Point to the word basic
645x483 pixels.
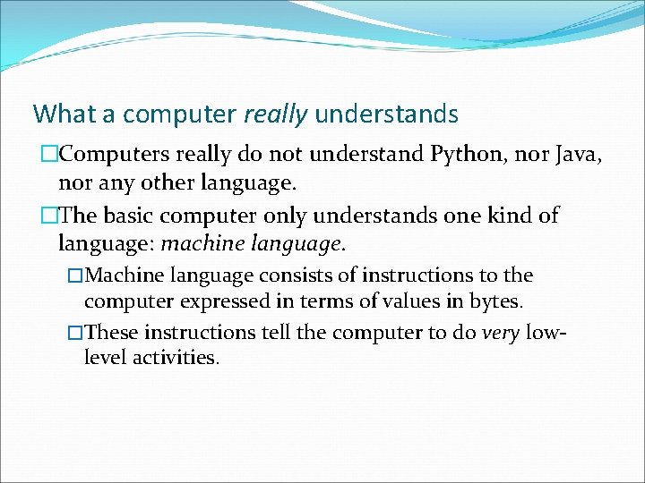click(x=129, y=216)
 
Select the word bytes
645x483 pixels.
click(x=495, y=301)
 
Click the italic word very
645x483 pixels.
click(x=500, y=333)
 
